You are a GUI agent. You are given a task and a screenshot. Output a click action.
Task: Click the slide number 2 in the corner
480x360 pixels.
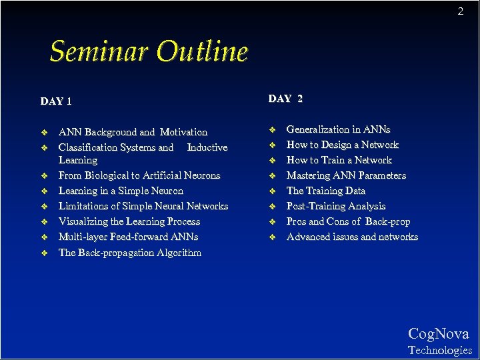(x=460, y=11)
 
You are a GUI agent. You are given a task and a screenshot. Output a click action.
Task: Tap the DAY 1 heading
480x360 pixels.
(x=56, y=101)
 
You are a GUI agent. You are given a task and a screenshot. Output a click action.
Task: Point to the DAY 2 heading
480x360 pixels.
(x=285, y=99)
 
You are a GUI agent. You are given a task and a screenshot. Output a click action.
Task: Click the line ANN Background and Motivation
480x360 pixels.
(x=133, y=132)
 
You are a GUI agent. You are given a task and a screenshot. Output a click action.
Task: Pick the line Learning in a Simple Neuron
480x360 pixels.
(x=121, y=191)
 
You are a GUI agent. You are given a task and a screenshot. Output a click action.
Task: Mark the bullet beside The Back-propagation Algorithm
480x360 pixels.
(x=44, y=253)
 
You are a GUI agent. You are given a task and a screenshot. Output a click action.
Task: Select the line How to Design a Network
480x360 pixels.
(x=342, y=145)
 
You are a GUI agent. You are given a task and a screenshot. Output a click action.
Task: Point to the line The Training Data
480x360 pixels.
(x=325, y=191)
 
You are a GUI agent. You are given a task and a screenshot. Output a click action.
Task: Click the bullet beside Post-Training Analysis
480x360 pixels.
(x=272, y=207)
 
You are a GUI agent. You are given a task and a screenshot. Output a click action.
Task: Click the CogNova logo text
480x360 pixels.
(x=438, y=334)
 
